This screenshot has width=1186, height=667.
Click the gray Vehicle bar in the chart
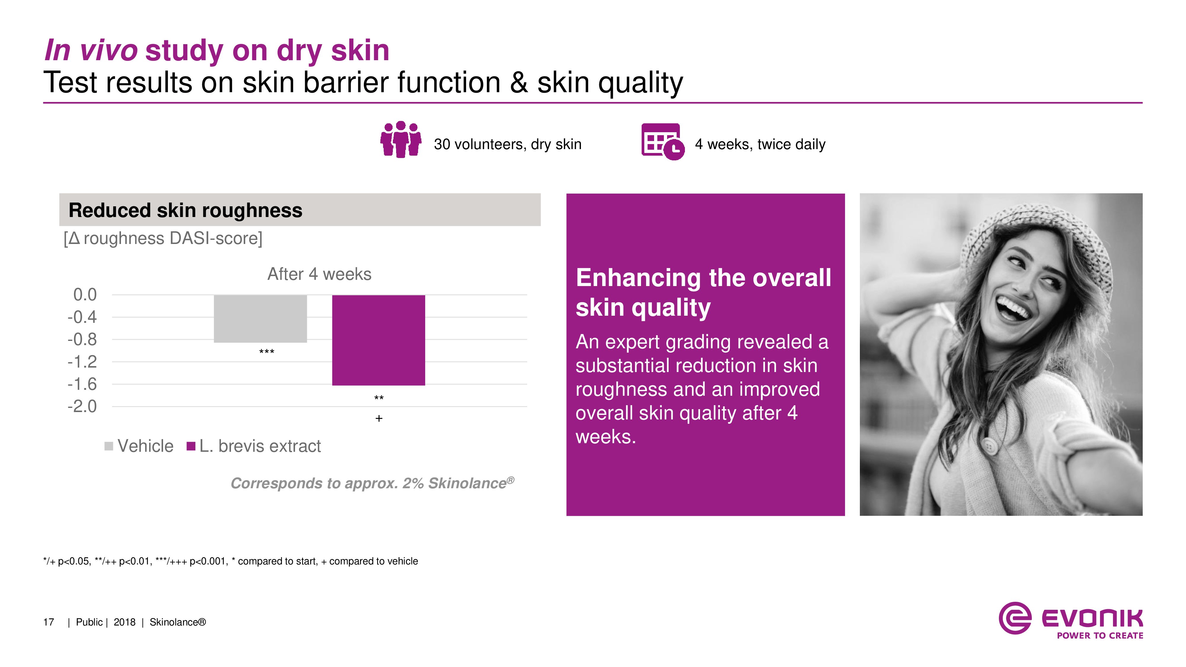pos(260,319)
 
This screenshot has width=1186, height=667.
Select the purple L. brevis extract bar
pos(378,340)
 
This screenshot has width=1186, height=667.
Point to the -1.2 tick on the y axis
pos(82,362)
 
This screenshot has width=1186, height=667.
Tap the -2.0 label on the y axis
pos(82,406)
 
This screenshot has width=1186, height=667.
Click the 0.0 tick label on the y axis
pos(85,295)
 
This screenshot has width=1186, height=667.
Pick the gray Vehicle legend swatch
pos(109,446)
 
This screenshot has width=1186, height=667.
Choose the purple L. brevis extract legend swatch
pos(191,446)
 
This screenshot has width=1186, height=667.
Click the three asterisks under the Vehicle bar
pos(267,352)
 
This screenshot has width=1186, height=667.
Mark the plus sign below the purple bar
pos(379,418)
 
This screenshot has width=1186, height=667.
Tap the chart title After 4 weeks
pos(319,274)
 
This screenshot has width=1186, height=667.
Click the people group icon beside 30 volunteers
pos(401,139)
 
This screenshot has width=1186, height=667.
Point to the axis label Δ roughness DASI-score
pos(163,238)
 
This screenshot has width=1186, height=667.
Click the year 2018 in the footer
pos(124,622)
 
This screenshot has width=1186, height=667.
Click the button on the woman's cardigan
pos(987,446)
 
